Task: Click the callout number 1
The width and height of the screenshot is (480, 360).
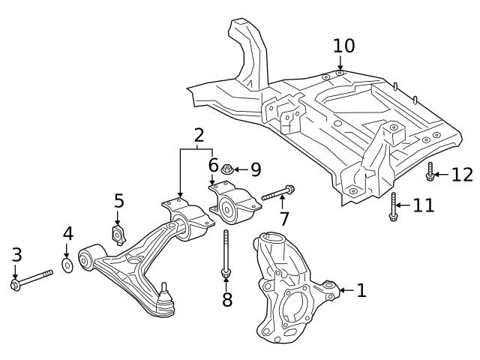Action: (x=361, y=290)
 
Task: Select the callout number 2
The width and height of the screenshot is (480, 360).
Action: (x=199, y=136)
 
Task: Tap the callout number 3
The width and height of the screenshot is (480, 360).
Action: (x=16, y=255)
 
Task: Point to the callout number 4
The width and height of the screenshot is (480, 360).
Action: (x=67, y=234)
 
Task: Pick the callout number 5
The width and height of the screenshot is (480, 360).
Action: (x=118, y=201)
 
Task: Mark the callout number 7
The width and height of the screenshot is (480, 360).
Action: (x=283, y=218)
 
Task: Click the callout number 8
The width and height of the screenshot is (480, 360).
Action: (x=226, y=300)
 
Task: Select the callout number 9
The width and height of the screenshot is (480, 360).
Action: (x=255, y=169)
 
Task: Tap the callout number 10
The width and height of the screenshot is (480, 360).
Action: (x=343, y=46)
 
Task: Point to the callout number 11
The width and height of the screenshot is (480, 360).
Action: (x=424, y=205)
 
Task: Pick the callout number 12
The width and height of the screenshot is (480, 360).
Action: (x=462, y=175)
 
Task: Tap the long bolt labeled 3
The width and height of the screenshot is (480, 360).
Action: (x=33, y=279)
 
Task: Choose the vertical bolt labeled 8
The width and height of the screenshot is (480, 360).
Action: (x=225, y=255)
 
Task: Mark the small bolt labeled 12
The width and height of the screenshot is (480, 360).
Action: (x=430, y=172)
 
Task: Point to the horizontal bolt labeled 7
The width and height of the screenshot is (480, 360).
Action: (x=277, y=193)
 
